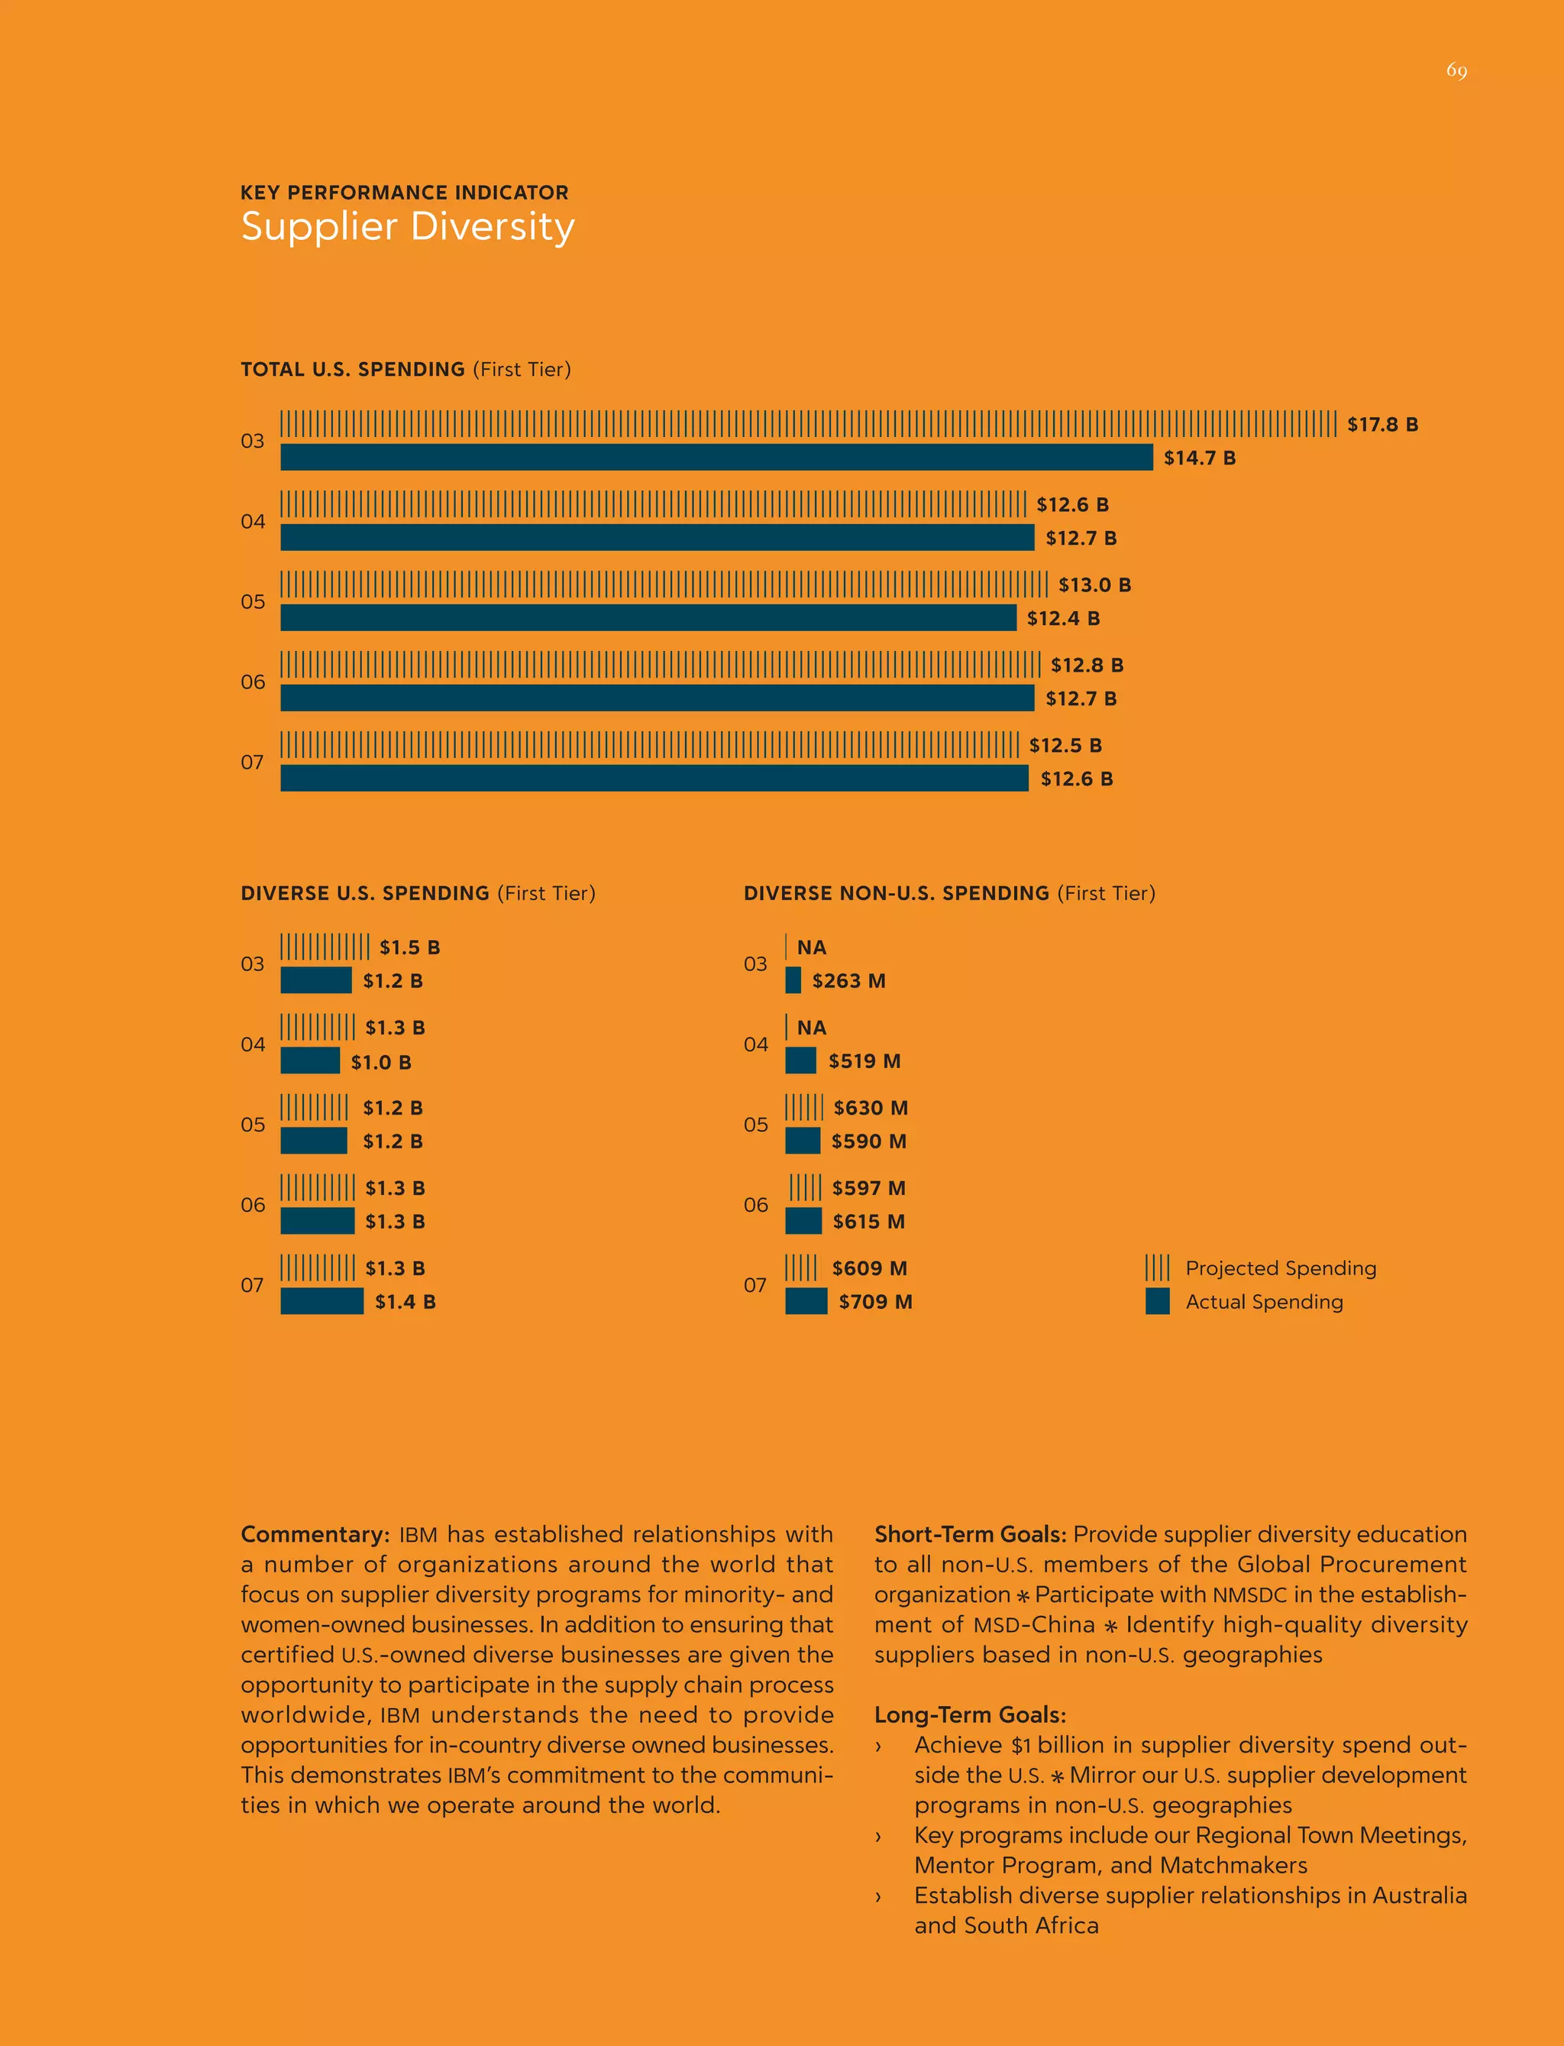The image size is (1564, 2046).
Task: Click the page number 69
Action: tap(1456, 71)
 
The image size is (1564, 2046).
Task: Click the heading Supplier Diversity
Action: tap(408, 226)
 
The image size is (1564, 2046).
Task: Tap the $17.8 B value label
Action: tap(1382, 425)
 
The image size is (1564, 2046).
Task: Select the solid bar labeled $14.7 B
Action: tap(716, 457)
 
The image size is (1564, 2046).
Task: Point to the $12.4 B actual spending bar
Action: tap(648, 617)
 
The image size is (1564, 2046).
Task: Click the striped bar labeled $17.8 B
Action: tap(808, 424)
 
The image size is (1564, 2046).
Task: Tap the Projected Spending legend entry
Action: tap(1280, 1267)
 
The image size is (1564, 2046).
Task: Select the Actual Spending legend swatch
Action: tap(1157, 1301)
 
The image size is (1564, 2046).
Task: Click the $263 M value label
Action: tap(848, 981)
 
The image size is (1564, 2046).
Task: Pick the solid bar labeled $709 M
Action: tap(806, 1301)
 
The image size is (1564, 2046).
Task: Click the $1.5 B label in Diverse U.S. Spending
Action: tap(409, 947)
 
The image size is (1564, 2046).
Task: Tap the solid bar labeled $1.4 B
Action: tap(322, 1301)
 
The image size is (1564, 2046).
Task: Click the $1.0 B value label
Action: tap(381, 1062)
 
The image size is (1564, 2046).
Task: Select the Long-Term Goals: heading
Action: tap(969, 1714)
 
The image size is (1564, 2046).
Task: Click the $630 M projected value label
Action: tap(871, 1107)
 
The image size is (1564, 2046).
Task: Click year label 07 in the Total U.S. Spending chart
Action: tap(252, 762)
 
